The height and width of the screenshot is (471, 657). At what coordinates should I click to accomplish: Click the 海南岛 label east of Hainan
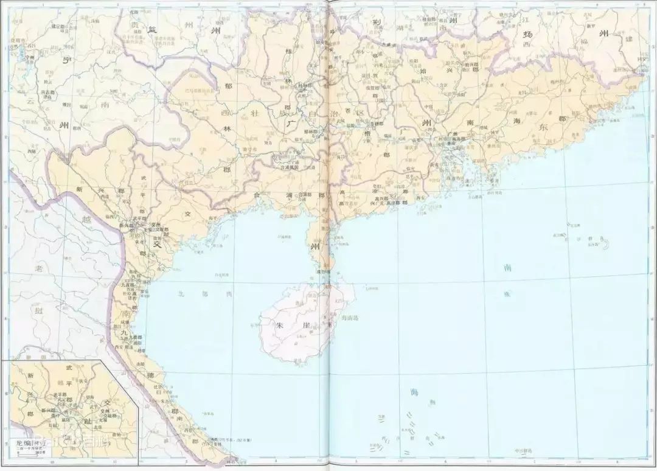[x=351, y=318]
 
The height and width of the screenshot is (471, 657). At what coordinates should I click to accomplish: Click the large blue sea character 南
[x=508, y=267]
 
